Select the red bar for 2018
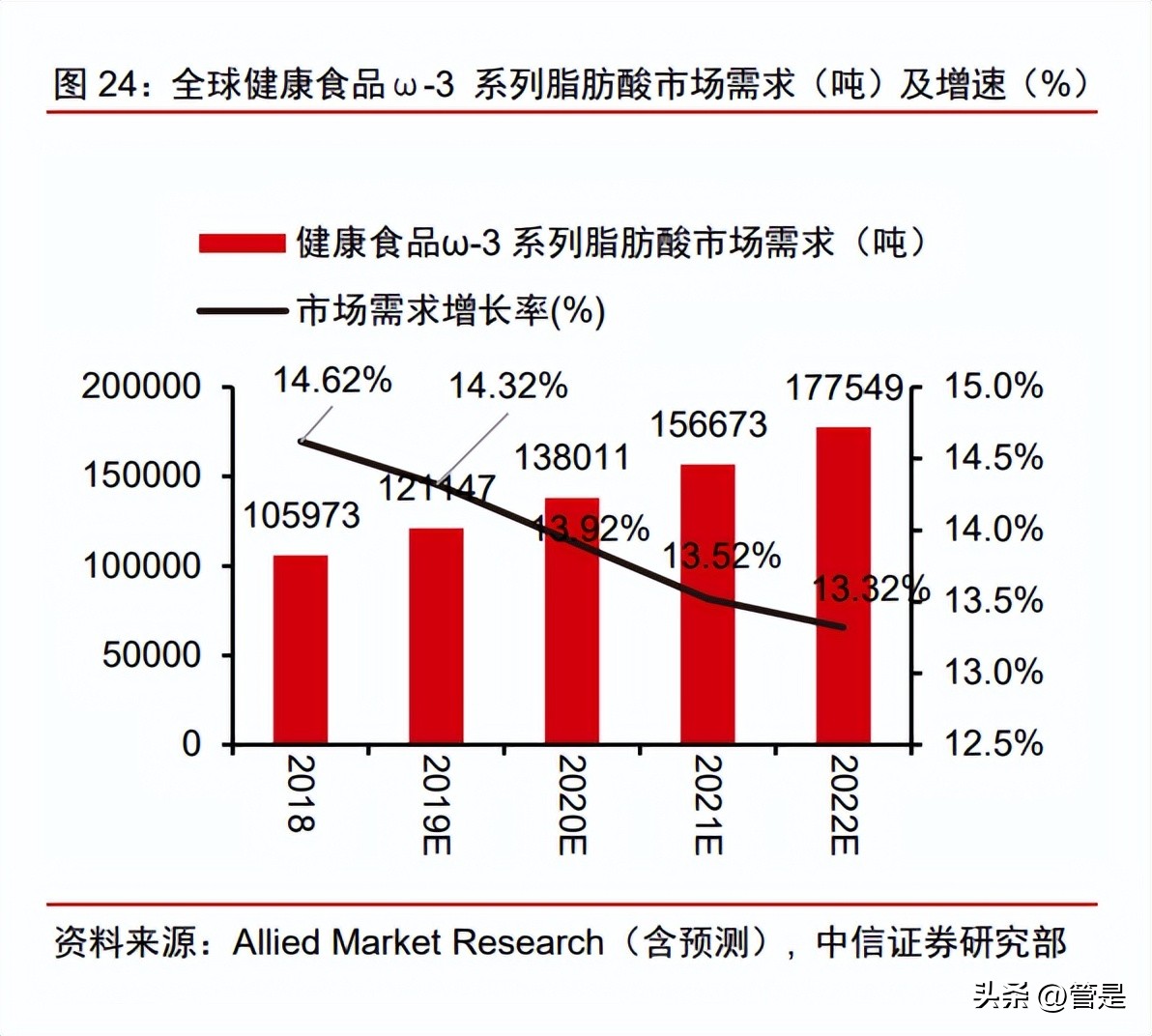tap(300, 649)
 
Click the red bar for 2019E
tap(436, 636)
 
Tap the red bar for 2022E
tap(843, 586)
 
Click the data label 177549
tap(843, 388)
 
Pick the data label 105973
tap(301, 516)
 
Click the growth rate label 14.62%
tap(331, 381)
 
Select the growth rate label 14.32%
tap(507, 387)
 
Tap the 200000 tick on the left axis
tap(141, 388)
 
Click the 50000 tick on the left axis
tap(152, 655)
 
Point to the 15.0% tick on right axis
tap(993, 388)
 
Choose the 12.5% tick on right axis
tap(993, 744)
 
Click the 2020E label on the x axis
tap(572, 805)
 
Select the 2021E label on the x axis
tap(707, 805)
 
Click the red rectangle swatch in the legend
tap(242, 243)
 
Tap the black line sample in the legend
tap(242, 311)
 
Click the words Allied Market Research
tap(418, 942)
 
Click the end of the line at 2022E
tap(843, 626)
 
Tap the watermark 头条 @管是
tap(1049, 995)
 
